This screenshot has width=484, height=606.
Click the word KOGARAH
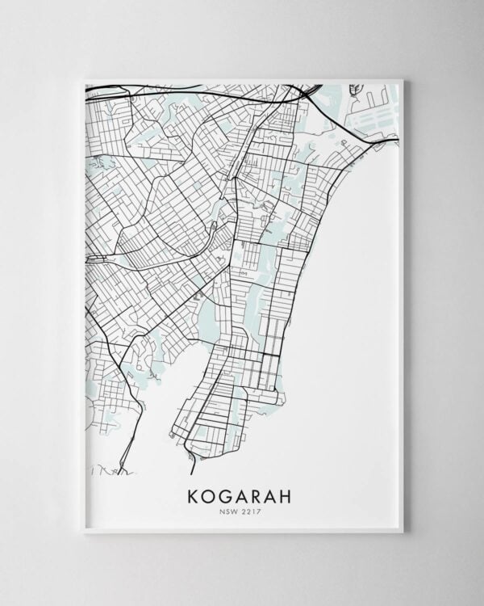coord(242,494)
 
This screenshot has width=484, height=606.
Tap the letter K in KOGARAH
coord(194,494)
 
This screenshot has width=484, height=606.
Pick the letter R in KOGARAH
coord(259,494)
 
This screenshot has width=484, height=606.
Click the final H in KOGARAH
coord(290,494)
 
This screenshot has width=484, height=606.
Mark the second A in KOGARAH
coord(274,494)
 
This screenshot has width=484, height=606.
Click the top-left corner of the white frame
coord(84,80)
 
